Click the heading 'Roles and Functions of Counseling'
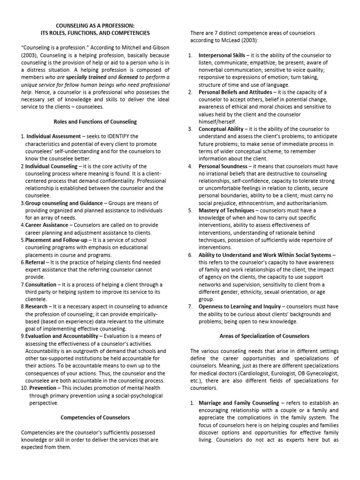click(95, 122)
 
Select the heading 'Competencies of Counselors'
click(95, 417)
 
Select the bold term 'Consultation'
click(41, 284)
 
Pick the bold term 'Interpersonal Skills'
click(222, 55)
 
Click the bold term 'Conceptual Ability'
click(221, 129)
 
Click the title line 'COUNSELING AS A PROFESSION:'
click(95, 26)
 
